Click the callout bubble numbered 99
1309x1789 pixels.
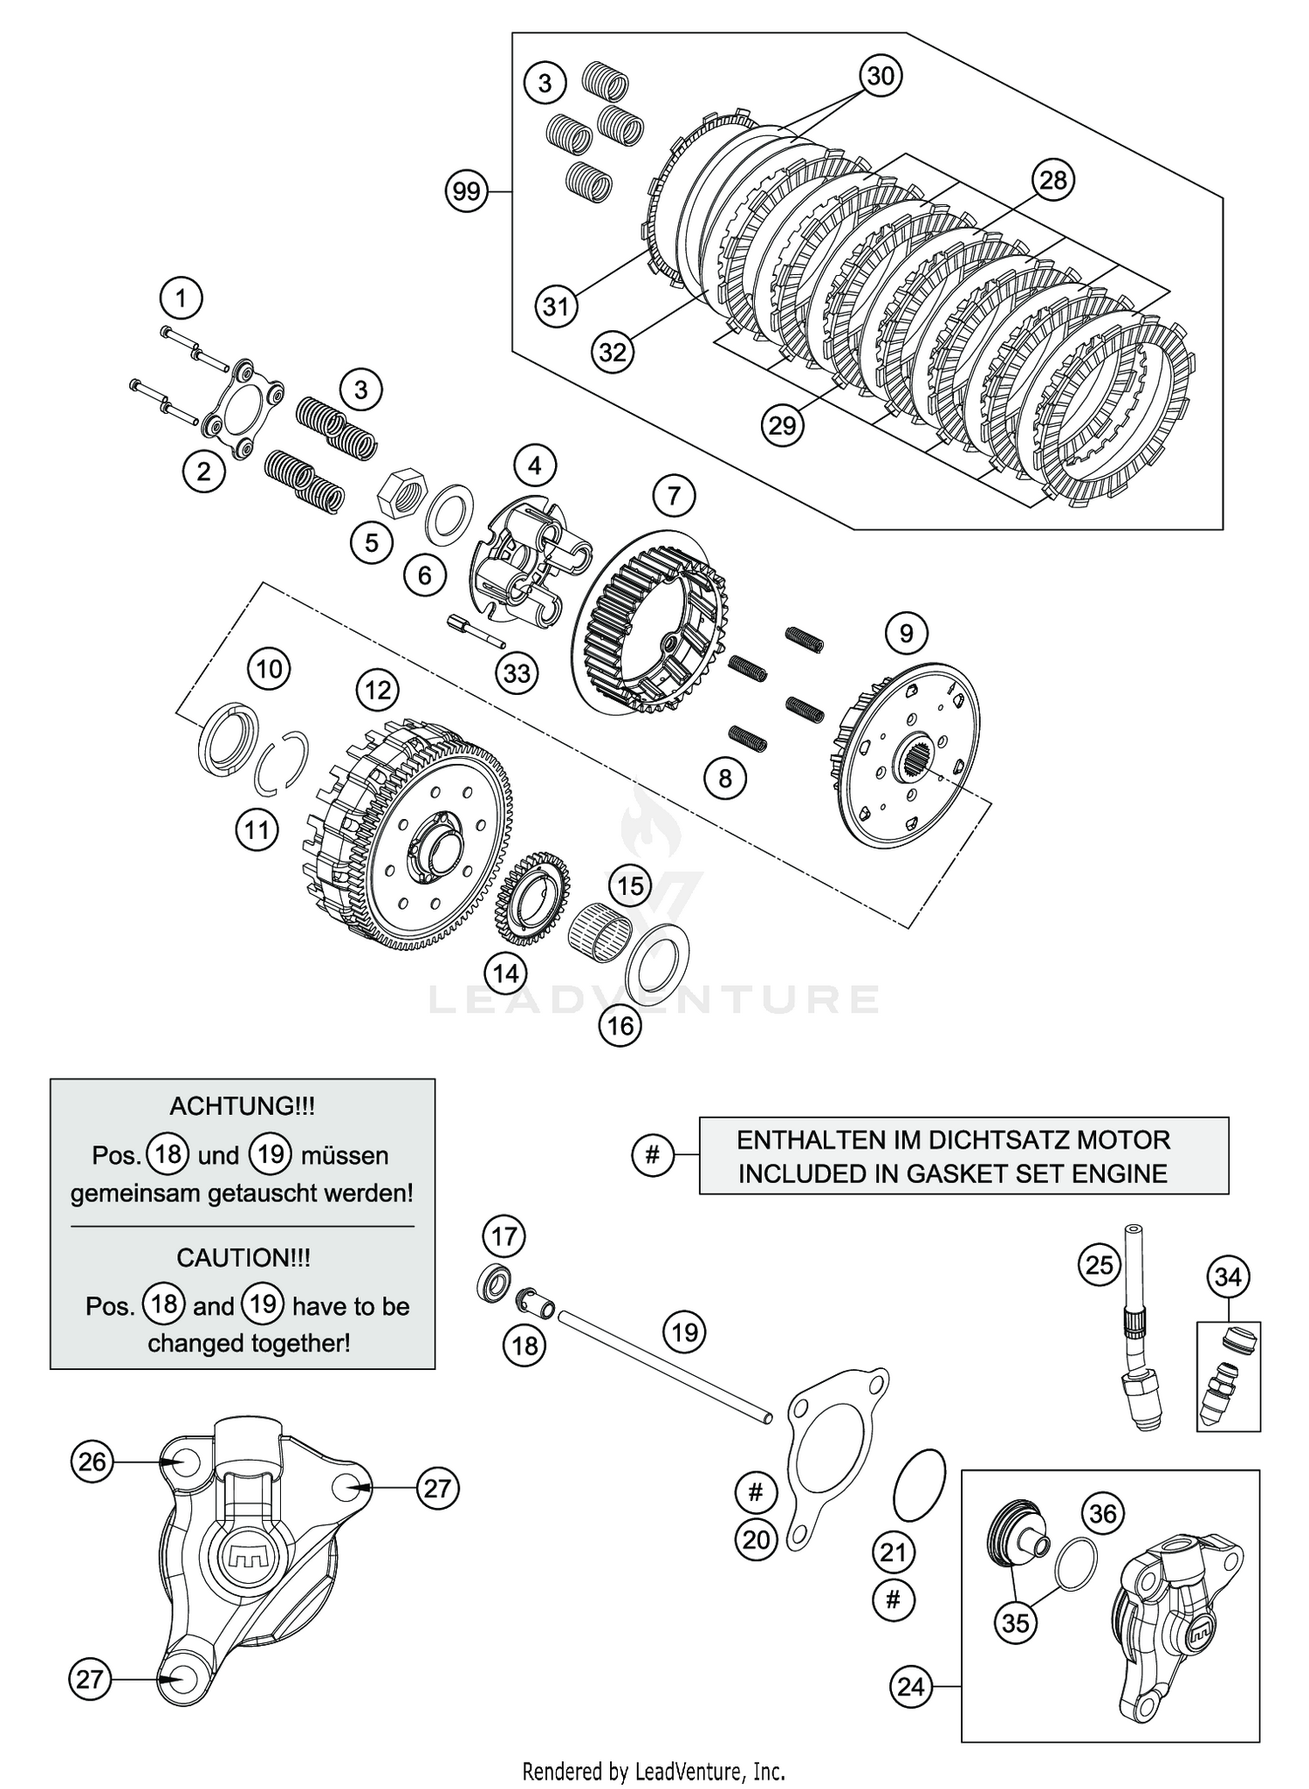[467, 190]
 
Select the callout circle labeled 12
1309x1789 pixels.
[378, 691]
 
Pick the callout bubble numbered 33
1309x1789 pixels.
[517, 673]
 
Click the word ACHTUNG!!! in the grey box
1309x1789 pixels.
[242, 1106]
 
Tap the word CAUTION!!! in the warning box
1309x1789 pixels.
[243, 1257]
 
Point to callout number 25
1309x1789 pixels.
[1099, 1263]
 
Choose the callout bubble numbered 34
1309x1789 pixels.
[1228, 1277]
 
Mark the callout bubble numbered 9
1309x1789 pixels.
[907, 633]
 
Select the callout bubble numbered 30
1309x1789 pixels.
[881, 76]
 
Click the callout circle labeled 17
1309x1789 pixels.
[504, 1236]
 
